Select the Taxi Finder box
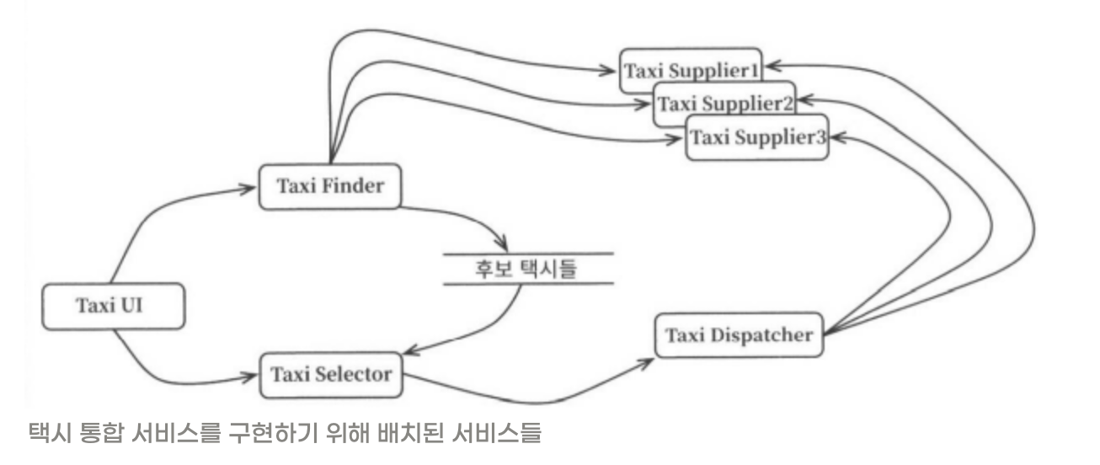click(x=327, y=186)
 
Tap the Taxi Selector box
click(x=330, y=373)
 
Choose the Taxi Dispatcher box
click(x=739, y=335)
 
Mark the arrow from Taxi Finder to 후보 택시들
click(x=472, y=221)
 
